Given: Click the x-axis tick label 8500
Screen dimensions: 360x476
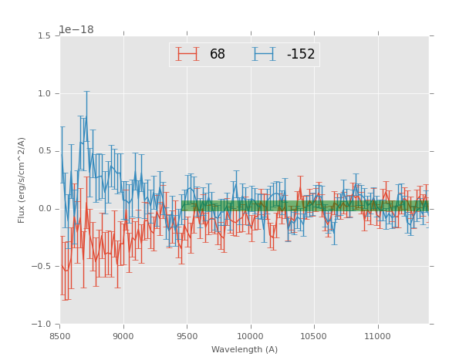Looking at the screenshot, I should pyautogui.click(x=59, y=336).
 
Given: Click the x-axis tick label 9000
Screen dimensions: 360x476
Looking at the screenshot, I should pyautogui.click(x=123, y=336).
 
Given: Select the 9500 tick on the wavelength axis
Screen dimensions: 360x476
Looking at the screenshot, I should pyautogui.click(x=187, y=336).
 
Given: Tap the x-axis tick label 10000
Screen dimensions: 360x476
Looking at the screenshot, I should pyautogui.click(x=251, y=336).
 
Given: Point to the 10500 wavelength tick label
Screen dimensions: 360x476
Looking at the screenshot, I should pyautogui.click(x=314, y=336).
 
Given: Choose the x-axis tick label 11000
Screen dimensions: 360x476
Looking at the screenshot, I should pyautogui.click(x=378, y=336).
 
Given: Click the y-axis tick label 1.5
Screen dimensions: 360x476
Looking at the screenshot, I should pyautogui.click(x=45, y=36).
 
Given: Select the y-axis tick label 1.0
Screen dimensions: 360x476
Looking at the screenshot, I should pyautogui.click(x=45, y=93).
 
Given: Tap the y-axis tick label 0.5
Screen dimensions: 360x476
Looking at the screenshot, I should pyautogui.click(x=45, y=151).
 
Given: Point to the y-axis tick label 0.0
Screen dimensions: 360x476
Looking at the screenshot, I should pyautogui.click(x=45, y=209).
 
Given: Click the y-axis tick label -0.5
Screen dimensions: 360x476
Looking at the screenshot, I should pyautogui.click(x=42, y=267).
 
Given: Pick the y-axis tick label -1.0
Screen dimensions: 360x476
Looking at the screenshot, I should pyautogui.click(x=42, y=324).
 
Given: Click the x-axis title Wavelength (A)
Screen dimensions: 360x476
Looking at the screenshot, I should pyautogui.click(x=244, y=350).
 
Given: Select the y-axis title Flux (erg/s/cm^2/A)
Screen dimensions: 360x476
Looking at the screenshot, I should pyautogui.click(x=22, y=180).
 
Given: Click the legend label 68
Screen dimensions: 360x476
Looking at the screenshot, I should pyautogui.click(x=217, y=55).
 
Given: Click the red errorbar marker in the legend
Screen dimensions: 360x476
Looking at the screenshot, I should pyautogui.click(x=187, y=54).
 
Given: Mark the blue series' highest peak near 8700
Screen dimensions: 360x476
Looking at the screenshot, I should pyautogui.click(x=86, y=116).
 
